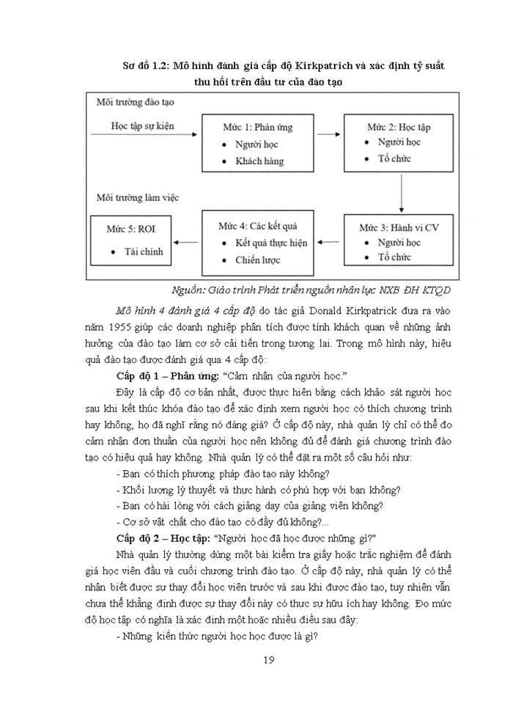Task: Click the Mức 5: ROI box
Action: pos(130,240)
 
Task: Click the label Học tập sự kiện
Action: pos(142,126)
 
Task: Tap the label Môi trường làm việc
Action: pos(137,197)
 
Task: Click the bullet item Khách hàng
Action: pos(259,161)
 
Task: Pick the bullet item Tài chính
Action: pos(142,251)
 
